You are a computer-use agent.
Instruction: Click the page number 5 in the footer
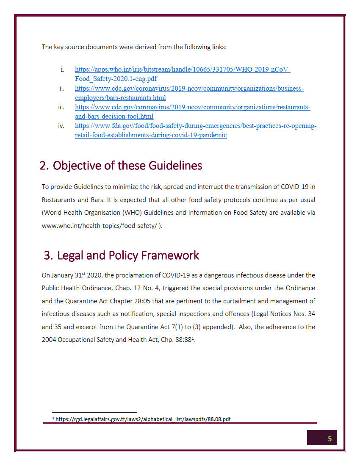[x=330, y=438]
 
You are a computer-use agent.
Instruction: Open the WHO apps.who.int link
[x=183, y=70]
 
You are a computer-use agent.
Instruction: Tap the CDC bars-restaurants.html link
[x=189, y=89]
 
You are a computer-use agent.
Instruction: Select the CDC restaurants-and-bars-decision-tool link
[x=192, y=108]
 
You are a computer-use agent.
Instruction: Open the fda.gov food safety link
[x=196, y=126]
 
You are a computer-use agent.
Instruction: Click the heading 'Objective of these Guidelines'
[x=127, y=166]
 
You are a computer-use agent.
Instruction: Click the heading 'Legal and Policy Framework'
[x=128, y=255]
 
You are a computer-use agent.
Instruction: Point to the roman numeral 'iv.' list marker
[x=61, y=126]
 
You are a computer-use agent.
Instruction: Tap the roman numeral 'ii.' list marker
[x=61, y=89]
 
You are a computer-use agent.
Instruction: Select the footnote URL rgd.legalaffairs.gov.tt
[x=143, y=419]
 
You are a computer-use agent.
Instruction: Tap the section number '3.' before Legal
[x=48, y=255]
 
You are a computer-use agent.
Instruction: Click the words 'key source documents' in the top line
[x=85, y=47]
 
